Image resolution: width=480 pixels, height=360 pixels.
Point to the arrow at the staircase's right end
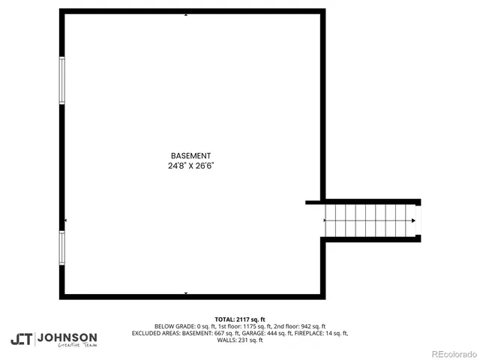413,220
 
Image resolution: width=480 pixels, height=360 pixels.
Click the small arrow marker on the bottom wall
185,293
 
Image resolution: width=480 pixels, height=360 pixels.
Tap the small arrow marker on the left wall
66,220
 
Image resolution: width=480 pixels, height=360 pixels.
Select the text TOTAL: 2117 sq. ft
240,319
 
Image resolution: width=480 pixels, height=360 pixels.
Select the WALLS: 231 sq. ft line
240,340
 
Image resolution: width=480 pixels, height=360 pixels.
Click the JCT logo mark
21,339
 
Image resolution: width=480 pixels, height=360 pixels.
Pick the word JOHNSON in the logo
67,337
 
